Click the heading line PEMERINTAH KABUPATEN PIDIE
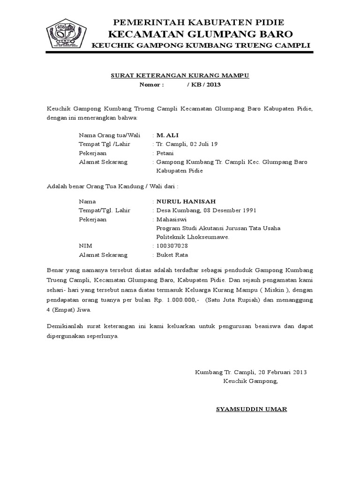[199, 22]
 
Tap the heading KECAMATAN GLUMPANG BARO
[200, 34]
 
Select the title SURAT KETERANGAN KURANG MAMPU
[180, 75]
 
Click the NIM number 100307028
[172, 246]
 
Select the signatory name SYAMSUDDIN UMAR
[251, 409]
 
